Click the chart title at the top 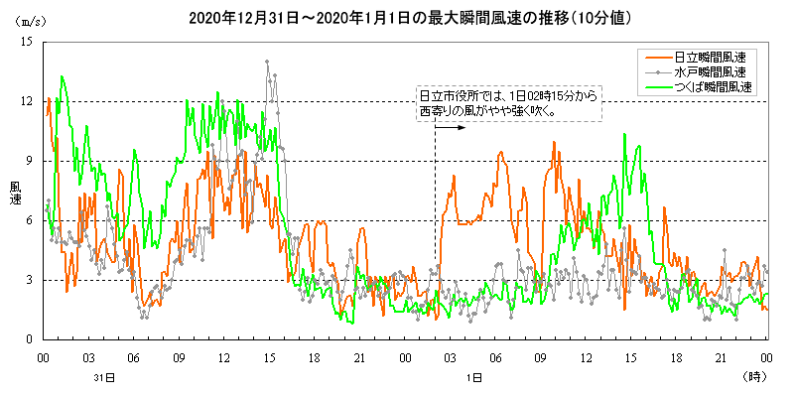[x=397, y=18]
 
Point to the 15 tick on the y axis [x=27, y=42]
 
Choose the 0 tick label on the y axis [x=30, y=339]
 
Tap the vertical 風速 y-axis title [x=15, y=193]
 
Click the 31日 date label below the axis [x=111, y=378]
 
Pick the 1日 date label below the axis [x=474, y=378]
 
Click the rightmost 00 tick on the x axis [x=767, y=355]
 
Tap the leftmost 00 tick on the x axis [x=44, y=355]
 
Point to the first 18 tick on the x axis [x=315, y=355]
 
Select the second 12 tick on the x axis [x=587, y=355]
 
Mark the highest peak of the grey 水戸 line [x=267, y=62]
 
